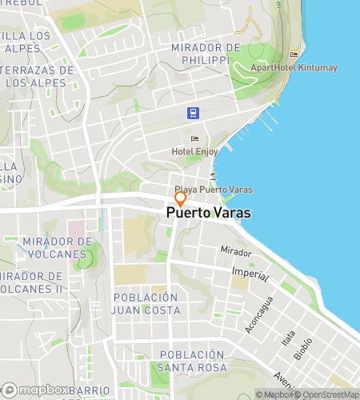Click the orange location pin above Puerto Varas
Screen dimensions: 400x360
pos(181,198)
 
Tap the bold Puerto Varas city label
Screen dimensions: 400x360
pos(208,214)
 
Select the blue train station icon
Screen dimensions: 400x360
pos(193,113)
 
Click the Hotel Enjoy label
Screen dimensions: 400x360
pos(194,151)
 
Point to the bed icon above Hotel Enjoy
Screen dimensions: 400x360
pos(194,138)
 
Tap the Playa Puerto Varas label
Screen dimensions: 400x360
pos(214,190)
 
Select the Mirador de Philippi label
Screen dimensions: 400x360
pos(206,54)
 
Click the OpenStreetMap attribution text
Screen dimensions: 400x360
pos(328,394)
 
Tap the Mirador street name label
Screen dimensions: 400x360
pos(236,251)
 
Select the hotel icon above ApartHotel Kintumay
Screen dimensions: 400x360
pos(294,54)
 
